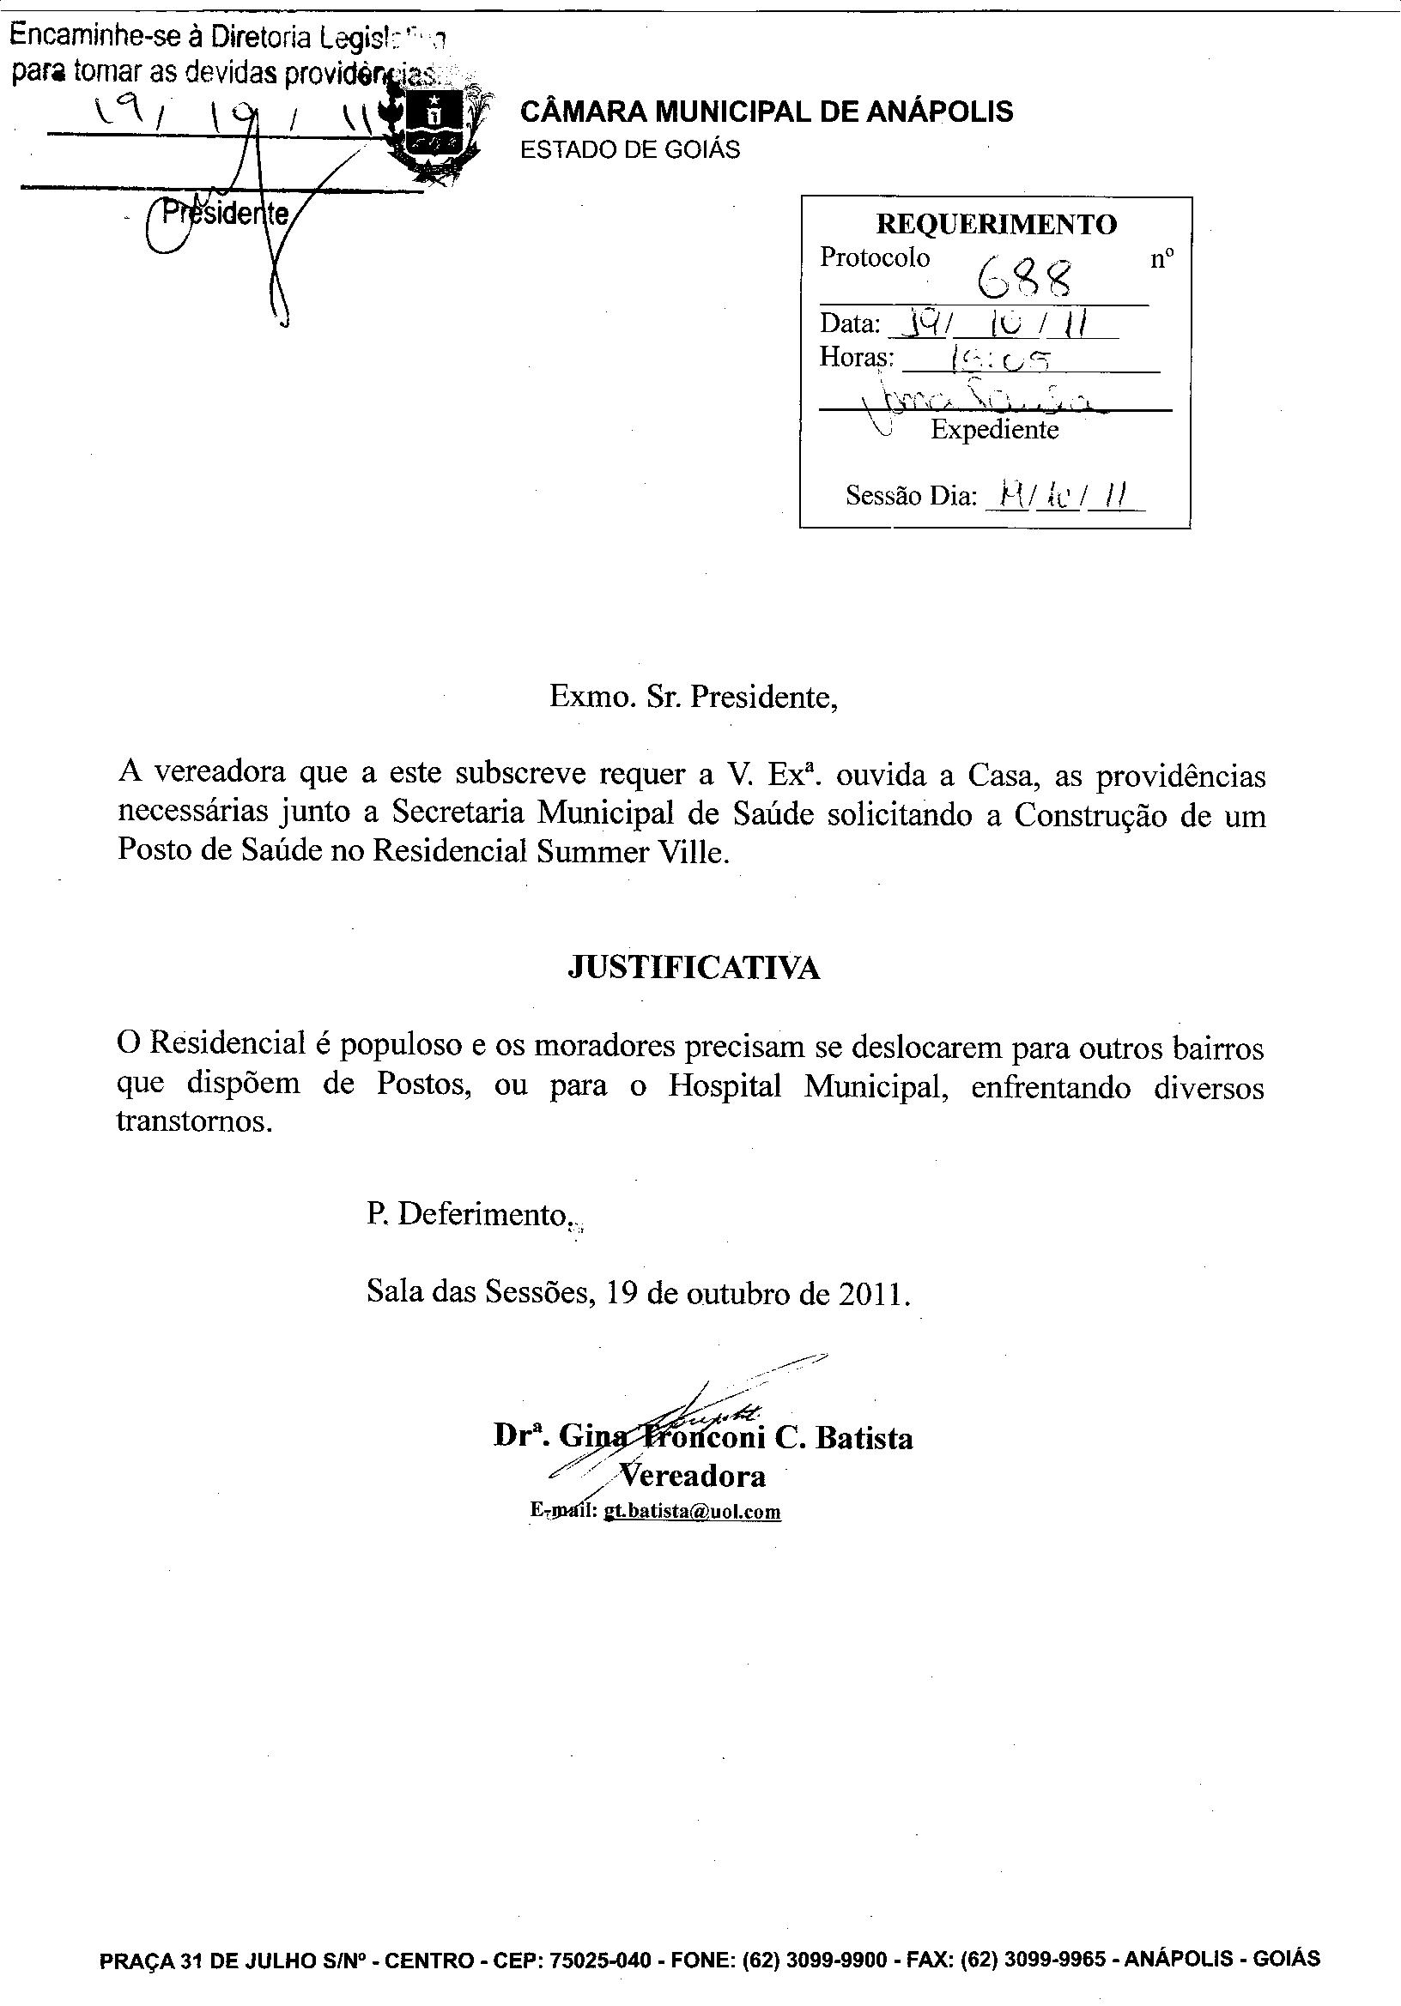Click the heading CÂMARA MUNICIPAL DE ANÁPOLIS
[767, 112]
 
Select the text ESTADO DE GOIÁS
[629, 150]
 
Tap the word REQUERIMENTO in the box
[996, 225]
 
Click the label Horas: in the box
[856, 357]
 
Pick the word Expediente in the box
[994, 430]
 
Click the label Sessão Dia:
[910, 496]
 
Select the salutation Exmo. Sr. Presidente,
[693, 698]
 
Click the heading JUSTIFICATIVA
[694, 968]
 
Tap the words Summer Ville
[633, 852]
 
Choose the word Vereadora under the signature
[692, 1476]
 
